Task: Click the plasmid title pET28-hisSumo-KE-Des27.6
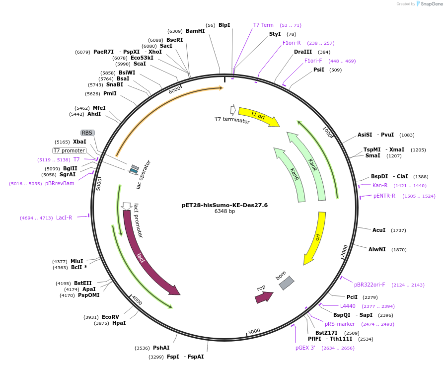224,205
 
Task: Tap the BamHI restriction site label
195,31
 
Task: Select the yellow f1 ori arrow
258,117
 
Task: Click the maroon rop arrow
263,297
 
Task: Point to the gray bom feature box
286,283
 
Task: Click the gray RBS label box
87,133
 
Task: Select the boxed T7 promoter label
69,150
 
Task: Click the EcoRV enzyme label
110,317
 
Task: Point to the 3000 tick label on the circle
254,331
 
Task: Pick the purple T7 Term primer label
263,25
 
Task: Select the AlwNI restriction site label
377,249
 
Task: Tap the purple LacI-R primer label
64,218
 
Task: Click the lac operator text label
144,174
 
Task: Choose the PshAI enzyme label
161,348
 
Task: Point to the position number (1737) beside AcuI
398,230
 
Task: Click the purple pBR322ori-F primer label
370,285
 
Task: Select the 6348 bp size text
224,211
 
